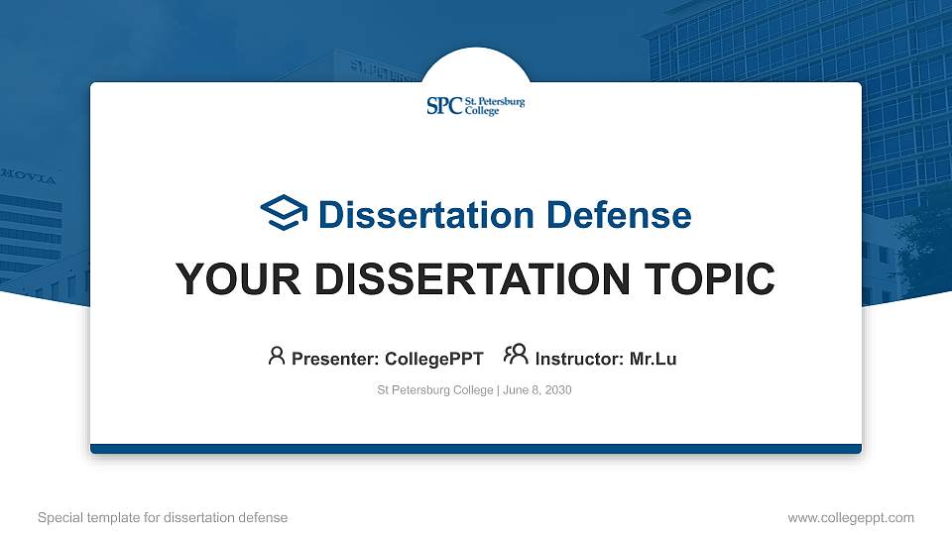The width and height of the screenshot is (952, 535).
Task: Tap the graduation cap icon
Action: tap(284, 213)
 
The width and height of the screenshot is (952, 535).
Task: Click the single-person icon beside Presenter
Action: tap(277, 356)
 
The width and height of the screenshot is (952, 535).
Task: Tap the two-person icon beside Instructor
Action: tap(516, 356)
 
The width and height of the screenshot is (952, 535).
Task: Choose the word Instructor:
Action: tap(580, 360)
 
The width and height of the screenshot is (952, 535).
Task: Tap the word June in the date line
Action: tap(518, 390)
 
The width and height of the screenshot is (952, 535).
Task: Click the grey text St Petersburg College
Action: tap(434, 390)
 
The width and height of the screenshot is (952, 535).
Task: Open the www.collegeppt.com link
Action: tap(851, 517)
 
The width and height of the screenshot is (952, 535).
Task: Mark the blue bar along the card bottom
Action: tap(476, 449)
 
